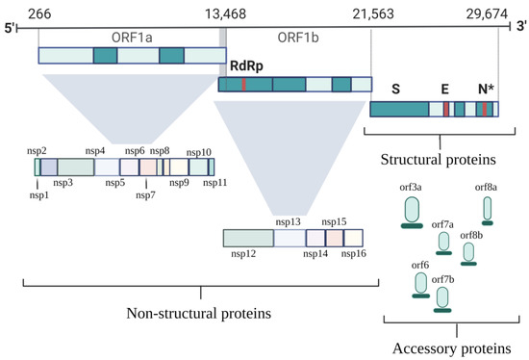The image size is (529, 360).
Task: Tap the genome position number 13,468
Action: point(221,12)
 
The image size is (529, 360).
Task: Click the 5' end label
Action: point(12,29)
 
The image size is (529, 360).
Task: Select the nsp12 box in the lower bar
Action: point(247,238)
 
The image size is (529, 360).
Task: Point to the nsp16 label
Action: point(354,254)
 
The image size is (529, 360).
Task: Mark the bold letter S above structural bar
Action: point(394,90)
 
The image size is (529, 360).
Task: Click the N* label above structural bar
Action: point(488,90)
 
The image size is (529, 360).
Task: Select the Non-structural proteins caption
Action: point(198,313)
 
